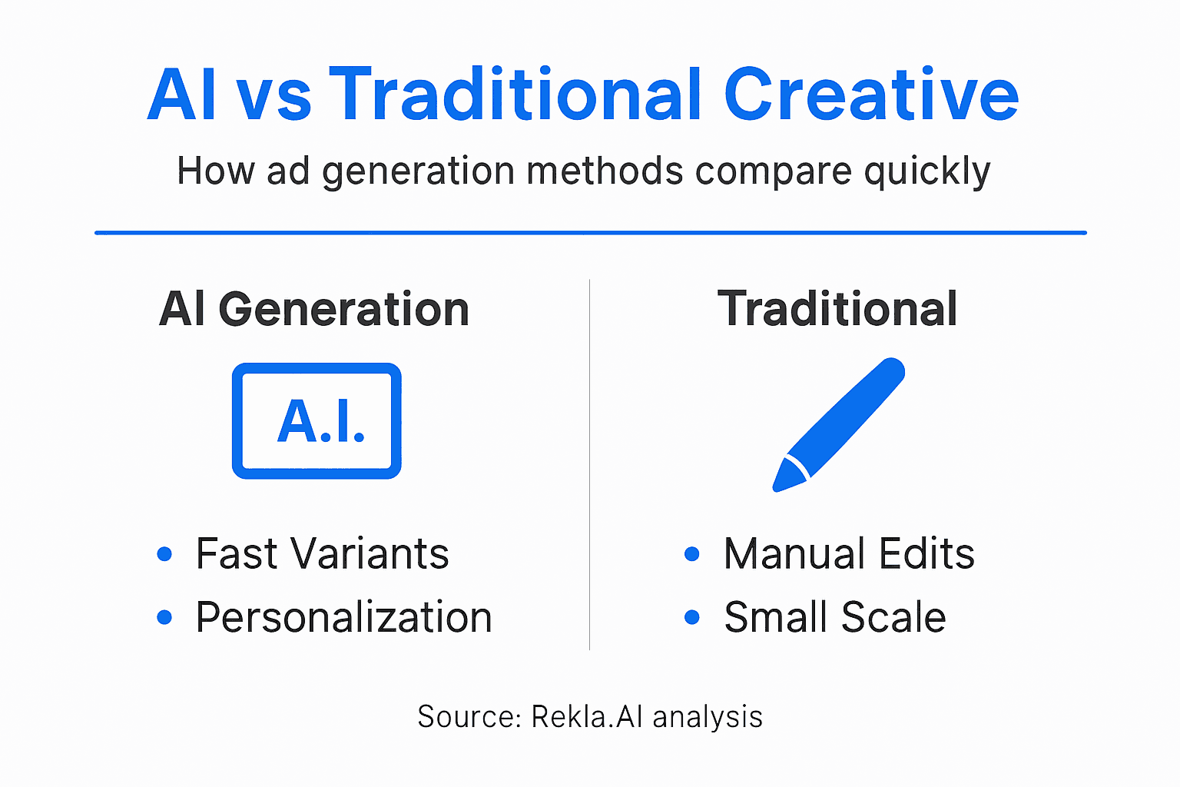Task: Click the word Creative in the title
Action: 871,95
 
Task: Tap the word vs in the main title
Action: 273,97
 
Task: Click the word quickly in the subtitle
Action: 927,171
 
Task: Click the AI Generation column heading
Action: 314,309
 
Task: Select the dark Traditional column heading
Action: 837,309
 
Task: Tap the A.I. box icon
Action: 317,421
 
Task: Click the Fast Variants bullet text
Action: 322,553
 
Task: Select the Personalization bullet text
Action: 343,617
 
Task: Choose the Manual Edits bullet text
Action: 849,553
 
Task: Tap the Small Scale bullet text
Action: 835,617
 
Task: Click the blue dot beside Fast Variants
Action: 164,553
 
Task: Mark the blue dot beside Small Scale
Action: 692,617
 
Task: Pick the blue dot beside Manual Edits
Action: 692,553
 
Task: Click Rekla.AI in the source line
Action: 587,716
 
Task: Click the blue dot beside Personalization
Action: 164,617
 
